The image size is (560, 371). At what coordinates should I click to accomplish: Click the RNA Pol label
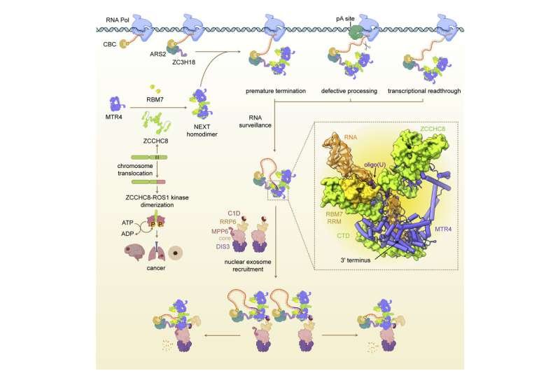point(118,20)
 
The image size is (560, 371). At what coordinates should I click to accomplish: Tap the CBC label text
point(110,44)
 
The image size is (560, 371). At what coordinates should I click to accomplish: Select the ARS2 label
point(158,55)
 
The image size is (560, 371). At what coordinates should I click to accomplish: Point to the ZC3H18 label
point(183,62)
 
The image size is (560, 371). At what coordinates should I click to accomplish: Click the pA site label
point(345,19)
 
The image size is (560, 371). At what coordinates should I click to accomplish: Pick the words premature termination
point(276,91)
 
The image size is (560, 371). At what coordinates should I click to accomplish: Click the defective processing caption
point(349,91)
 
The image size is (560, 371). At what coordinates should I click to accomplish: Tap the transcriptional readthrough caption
point(424,91)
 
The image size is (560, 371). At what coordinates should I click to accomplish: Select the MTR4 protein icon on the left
point(117,104)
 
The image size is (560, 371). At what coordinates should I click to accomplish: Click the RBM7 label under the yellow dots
point(155,99)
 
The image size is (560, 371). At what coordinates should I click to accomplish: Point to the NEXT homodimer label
point(202,131)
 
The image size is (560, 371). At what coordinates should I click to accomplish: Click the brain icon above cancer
point(134,253)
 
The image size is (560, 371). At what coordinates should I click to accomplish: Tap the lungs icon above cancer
point(157,252)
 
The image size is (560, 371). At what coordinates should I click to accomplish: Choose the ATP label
point(127,223)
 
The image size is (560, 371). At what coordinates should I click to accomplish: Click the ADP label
point(127,234)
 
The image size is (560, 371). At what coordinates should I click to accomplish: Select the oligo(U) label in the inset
point(375,165)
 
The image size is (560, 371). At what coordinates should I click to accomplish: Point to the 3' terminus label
point(356,260)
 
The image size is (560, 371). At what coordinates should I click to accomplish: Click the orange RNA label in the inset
point(351,137)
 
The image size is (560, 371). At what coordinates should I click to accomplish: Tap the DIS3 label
point(223,246)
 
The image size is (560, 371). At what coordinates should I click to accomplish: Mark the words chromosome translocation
point(135,169)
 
